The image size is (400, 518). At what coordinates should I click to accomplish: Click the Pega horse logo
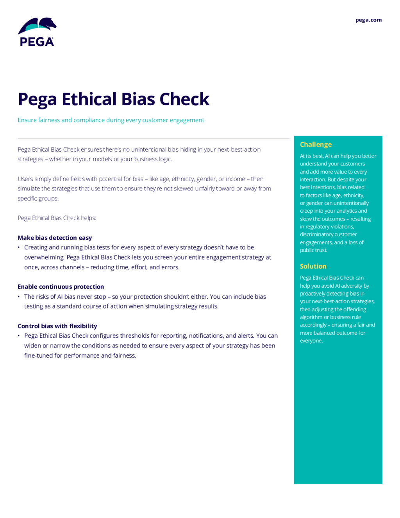point(37,32)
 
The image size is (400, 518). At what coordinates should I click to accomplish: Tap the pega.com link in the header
point(368,20)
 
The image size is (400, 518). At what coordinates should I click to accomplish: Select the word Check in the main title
point(184,99)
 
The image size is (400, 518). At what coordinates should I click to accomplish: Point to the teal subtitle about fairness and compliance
point(111,120)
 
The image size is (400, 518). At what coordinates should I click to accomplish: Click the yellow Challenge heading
point(316,144)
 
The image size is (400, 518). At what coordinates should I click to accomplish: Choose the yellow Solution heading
point(313,266)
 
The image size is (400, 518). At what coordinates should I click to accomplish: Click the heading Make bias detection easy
point(55,238)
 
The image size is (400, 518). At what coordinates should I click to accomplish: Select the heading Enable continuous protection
point(61,287)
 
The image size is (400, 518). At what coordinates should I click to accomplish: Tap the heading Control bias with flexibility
point(57,326)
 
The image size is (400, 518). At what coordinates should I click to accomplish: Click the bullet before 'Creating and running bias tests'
point(19,247)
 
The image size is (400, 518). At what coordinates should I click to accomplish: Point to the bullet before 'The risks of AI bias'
point(19,297)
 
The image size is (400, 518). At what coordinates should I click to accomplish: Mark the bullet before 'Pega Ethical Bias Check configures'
point(19,336)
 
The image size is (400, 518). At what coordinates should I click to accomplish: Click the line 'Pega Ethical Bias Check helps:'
point(57,218)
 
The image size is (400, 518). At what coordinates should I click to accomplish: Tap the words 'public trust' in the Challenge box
point(313,250)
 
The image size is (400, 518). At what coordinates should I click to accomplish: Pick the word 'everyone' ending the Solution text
point(311,341)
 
